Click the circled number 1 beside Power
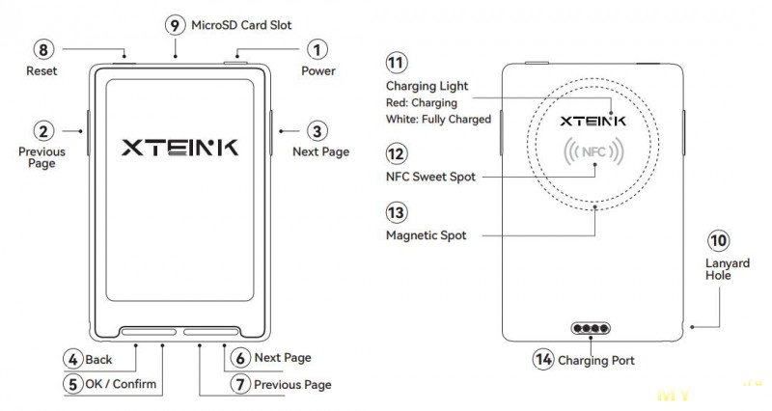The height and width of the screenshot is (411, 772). [x=317, y=48]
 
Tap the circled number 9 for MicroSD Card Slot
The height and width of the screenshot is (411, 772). [x=175, y=25]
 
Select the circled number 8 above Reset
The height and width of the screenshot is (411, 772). [x=42, y=48]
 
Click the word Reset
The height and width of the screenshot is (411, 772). [x=42, y=70]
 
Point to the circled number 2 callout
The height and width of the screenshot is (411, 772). [x=42, y=130]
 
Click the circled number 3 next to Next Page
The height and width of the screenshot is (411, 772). [x=317, y=130]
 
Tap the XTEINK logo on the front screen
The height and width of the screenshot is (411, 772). [x=179, y=148]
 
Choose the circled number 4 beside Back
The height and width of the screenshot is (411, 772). [x=72, y=359]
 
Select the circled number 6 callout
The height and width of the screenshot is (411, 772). [x=240, y=358]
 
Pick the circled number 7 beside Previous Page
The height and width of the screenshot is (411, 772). [x=240, y=384]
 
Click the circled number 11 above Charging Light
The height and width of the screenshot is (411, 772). [x=396, y=64]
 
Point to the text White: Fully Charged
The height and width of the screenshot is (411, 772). [x=438, y=119]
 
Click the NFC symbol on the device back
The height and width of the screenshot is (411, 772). [x=595, y=152]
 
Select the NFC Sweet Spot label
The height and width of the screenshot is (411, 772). [x=430, y=177]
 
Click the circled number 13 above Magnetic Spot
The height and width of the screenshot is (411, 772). [x=396, y=212]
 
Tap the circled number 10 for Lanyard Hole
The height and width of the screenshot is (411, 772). [x=718, y=240]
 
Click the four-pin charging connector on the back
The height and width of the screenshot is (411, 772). [x=590, y=328]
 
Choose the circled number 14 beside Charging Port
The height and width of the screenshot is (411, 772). [x=543, y=359]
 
